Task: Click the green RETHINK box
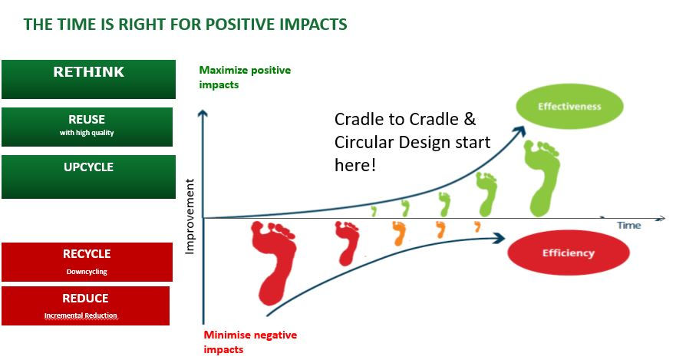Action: (88, 79)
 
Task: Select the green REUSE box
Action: (87, 127)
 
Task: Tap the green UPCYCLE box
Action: (88, 177)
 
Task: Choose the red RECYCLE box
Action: (87, 262)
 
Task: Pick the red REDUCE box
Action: (85, 306)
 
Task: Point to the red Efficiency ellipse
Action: (568, 253)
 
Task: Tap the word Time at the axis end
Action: (628, 226)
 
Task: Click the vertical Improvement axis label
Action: (190, 217)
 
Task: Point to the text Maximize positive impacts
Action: (244, 78)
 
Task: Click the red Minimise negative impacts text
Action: (249, 342)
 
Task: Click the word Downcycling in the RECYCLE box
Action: (86, 272)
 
